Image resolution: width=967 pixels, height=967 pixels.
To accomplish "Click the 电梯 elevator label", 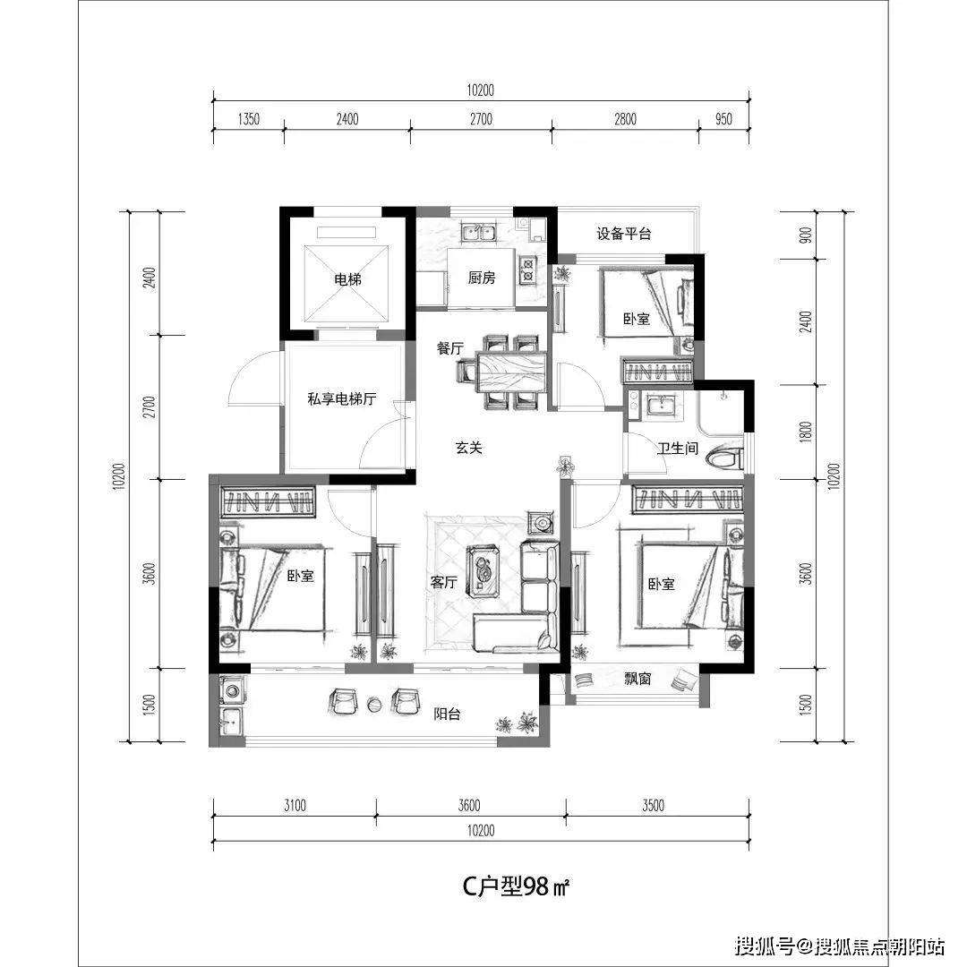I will tap(347, 279).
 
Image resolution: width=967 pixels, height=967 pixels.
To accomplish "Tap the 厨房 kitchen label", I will tap(481, 278).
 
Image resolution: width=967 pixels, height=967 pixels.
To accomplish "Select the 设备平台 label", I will tap(624, 234).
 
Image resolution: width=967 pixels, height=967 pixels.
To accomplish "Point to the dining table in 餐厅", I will tap(511, 371).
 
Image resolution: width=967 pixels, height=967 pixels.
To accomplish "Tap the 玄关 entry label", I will tap(468, 448).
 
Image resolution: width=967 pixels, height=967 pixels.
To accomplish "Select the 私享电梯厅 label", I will tap(341, 400).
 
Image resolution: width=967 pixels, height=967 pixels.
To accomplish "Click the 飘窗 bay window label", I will tap(638, 680).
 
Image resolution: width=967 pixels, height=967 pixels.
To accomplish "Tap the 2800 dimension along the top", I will tap(624, 119).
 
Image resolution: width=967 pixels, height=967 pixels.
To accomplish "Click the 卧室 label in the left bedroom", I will tap(301, 577).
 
